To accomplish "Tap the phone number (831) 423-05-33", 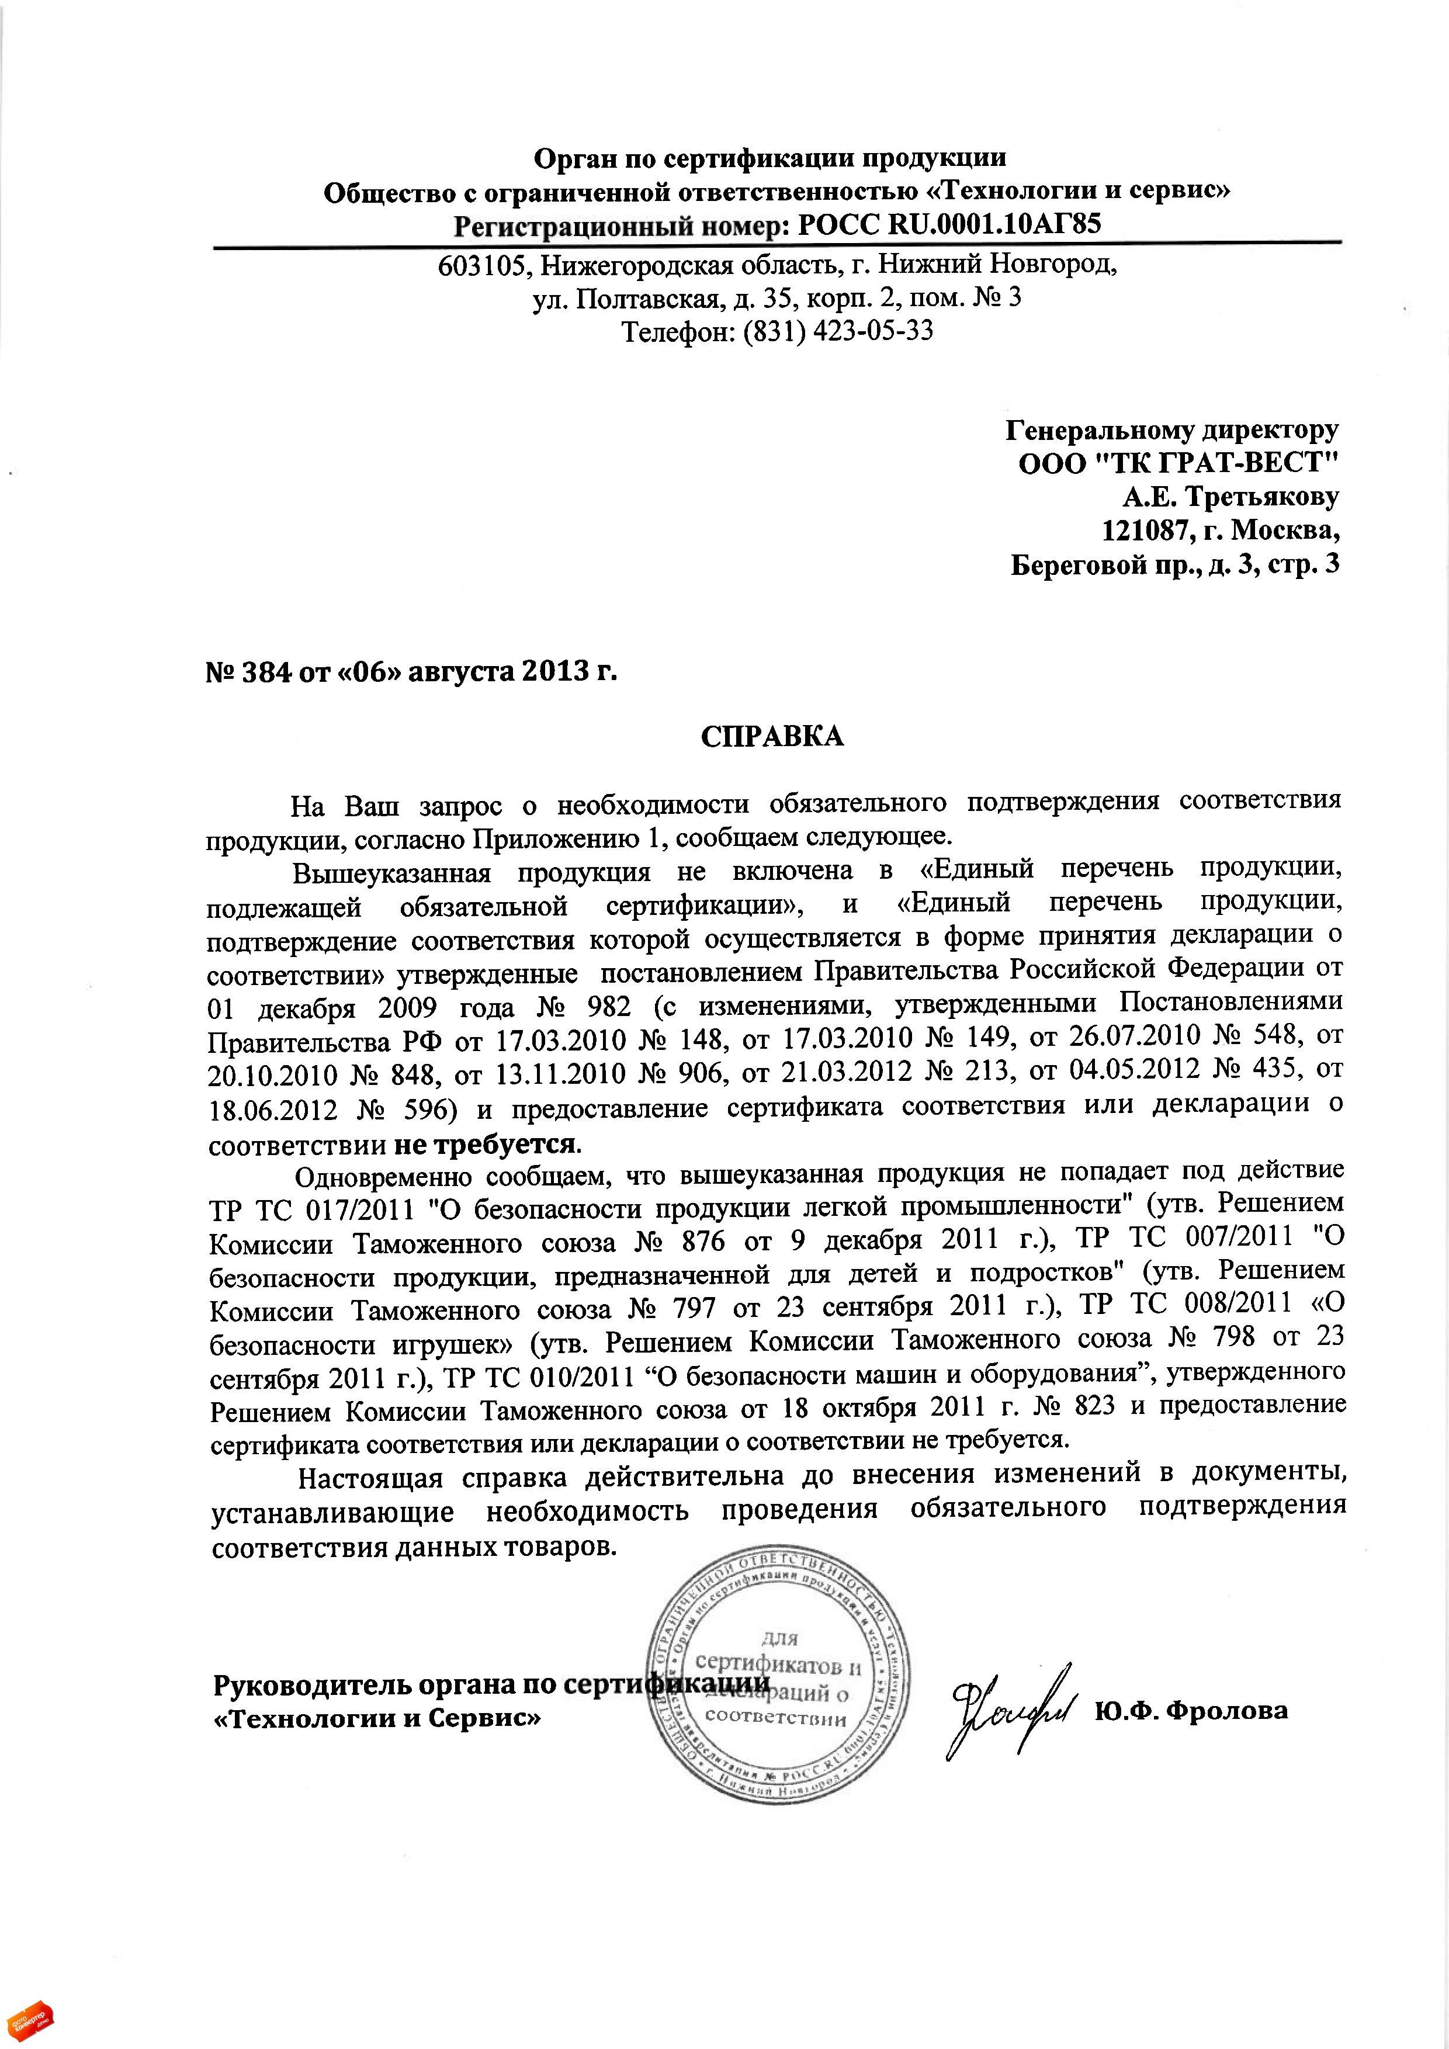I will pyautogui.click(x=838, y=332).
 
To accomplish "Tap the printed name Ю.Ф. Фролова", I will pyautogui.click(x=1192, y=1710).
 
